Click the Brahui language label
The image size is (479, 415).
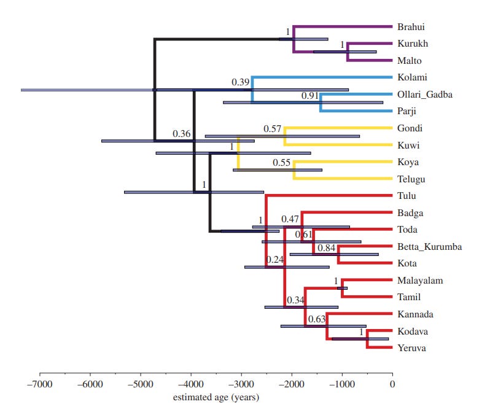(411, 27)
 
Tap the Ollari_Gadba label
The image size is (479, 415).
(425, 95)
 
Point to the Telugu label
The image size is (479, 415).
(411, 179)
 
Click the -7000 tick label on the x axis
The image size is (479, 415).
(40, 384)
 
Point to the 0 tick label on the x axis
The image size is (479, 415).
(392, 384)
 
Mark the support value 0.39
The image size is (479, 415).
(241, 82)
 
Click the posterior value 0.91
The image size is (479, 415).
(310, 96)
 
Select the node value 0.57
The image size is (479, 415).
(273, 129)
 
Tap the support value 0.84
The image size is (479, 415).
(327, 248)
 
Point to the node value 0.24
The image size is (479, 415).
(275, 260)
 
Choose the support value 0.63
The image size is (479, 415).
(316, 319)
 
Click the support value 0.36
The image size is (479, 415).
(182, 133)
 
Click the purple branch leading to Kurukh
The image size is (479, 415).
(368, 44)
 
